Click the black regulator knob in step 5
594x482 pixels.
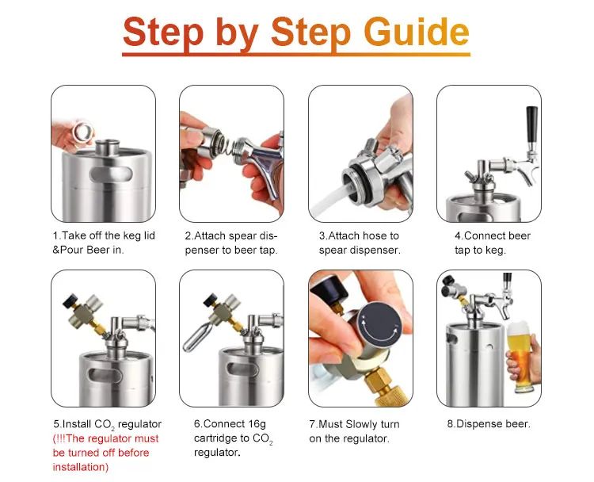coord(70,300)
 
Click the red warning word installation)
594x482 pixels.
coord(81,467)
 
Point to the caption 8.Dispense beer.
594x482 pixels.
coord(489,423)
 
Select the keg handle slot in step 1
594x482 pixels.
coord(111,175)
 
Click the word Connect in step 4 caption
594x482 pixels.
coord(483,235)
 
